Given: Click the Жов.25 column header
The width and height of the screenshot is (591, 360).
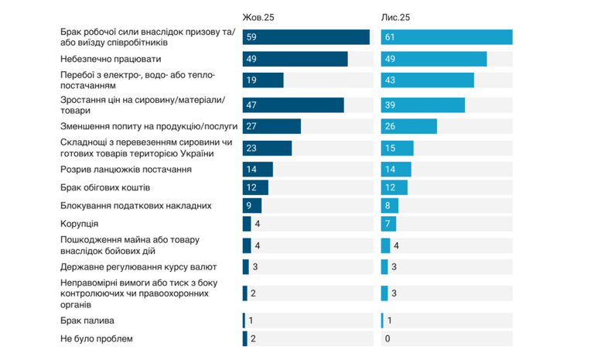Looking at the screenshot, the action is [258, 17].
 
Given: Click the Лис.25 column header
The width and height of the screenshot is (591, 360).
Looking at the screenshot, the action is [395, 17].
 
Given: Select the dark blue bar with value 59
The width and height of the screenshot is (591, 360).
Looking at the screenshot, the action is [306, 37].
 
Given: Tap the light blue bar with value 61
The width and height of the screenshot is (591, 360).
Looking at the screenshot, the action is [446, 37].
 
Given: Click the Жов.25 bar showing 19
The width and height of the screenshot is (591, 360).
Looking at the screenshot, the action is [263, 80].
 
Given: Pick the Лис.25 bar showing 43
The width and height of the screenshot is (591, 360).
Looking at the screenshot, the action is [428, 80].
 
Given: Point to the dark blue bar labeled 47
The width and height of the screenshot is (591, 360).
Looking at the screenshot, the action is [293, 105].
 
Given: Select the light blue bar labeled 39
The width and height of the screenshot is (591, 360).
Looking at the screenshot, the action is [423, 105].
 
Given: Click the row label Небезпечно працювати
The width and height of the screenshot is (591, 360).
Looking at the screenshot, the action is [111, 60].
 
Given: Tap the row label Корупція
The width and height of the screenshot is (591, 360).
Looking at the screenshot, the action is [79, 224].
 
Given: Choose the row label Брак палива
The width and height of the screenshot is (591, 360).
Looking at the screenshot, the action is [87, 321].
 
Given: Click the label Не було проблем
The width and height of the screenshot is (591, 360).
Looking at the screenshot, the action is [97, 339].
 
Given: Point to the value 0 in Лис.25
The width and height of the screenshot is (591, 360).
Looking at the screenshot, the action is [388, 339].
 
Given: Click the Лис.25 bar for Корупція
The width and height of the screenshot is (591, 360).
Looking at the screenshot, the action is [388, 224].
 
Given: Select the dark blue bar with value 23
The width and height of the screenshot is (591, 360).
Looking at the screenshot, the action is [267, 148].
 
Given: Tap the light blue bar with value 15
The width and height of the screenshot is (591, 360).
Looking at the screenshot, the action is [398, 148].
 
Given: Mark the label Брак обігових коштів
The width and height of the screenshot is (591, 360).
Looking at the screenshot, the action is [105, 187].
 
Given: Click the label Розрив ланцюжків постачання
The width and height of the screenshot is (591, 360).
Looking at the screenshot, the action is [126, 170].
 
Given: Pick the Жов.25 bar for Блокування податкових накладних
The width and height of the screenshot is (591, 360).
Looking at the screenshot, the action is [252, 206].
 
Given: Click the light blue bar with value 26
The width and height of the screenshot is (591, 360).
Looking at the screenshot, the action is [409, 126].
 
